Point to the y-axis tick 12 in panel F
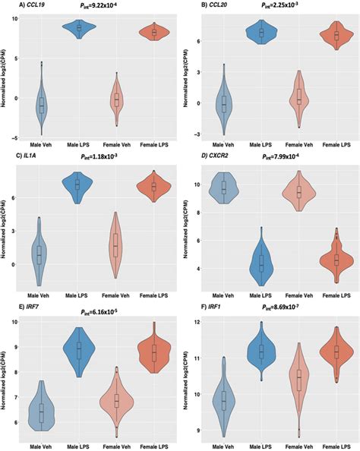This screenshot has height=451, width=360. pyautogui.click(x=198, y=322)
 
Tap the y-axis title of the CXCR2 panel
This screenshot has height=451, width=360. pyautogui.click(x=188, y=228)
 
